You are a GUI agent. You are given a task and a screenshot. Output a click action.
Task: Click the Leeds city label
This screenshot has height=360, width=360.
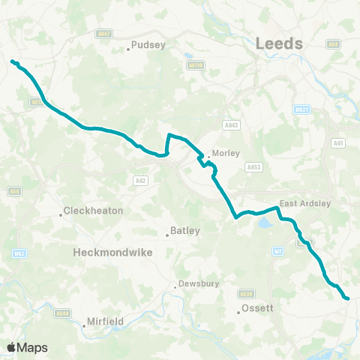(279, 43)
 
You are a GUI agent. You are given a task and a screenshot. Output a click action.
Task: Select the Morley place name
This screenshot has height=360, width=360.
(226, 153)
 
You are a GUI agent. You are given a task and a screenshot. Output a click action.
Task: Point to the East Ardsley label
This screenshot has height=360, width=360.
(304, 203)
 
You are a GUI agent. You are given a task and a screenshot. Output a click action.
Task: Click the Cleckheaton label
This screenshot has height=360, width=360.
(94, 211)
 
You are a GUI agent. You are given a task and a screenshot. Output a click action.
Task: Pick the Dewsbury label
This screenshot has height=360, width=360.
(196, 285)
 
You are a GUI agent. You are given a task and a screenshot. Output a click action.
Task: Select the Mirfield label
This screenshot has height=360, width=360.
(103, 321)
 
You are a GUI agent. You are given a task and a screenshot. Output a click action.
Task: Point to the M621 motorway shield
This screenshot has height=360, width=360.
(302, 109)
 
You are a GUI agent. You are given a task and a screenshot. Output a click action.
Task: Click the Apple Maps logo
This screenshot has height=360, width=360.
(27, 347)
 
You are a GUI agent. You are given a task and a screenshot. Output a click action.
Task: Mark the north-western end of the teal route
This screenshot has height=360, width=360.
(12, 61)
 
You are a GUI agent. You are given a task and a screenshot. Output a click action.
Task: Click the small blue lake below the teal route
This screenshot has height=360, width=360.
(265, 223)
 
